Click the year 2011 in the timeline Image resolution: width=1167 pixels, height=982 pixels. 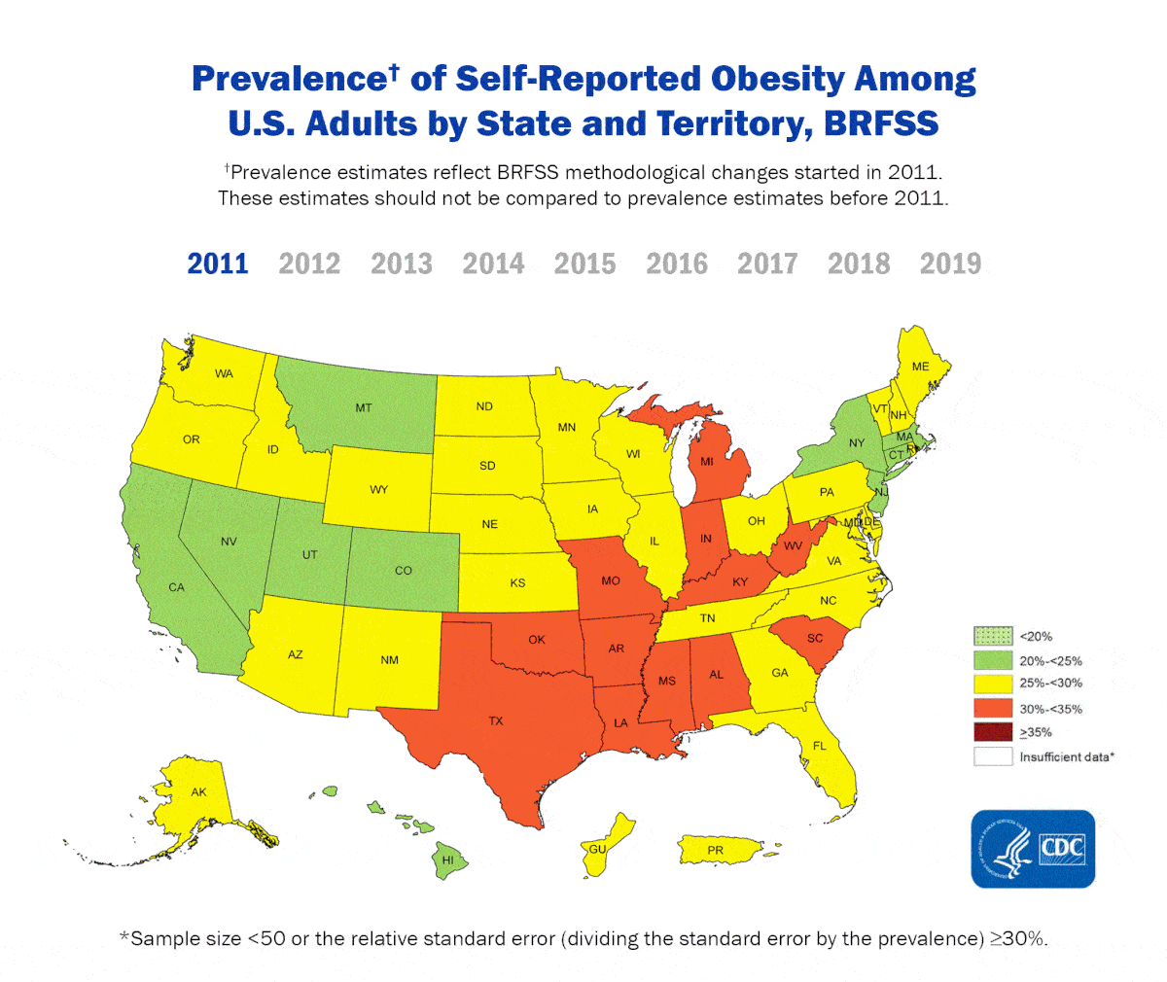click(x=218, y=263)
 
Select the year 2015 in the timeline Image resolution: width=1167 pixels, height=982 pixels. click(x=584, y=263)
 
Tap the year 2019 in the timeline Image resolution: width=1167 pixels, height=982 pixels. click(x=950, y=263)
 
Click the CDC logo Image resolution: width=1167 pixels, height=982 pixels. click(x=1033, y=848)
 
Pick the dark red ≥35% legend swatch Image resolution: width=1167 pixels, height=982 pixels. click(x=993, y=732)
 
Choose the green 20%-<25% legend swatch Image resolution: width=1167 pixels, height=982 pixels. click(x=993, y=660)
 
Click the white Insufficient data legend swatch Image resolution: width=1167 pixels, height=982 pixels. click(x=993, y=756)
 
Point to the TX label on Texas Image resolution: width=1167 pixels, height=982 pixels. click(x=496, y=721)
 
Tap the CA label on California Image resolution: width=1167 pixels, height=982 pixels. click(x=176, y=587)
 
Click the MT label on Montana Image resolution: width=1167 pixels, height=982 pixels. click(x=363, y=408)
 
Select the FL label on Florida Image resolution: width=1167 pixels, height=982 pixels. click(x=820, y=746)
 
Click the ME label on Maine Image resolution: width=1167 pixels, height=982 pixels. click(x=920, y=367)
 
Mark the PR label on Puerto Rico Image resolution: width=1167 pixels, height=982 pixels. click(x=715, y=851)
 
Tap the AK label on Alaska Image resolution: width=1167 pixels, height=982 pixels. click(x=198, y=792)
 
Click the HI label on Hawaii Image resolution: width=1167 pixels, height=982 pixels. click(x=447, y=860)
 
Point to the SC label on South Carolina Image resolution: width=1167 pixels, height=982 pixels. click(x=815, y=638)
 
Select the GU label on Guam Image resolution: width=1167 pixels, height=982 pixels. click(x=597, y=849)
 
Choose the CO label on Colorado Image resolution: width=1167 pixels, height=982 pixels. click(x=403, y=571)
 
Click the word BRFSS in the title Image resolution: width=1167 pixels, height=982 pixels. click(x=881, y=124)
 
